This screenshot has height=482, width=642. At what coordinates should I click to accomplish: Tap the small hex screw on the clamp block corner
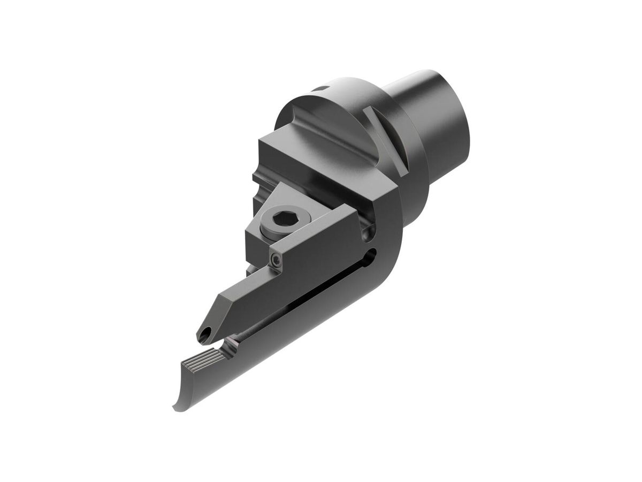pos(276,260)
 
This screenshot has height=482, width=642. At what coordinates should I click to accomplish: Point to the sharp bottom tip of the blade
pos(175,408)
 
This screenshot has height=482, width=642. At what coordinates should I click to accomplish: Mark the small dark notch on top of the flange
pos(319,89)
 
